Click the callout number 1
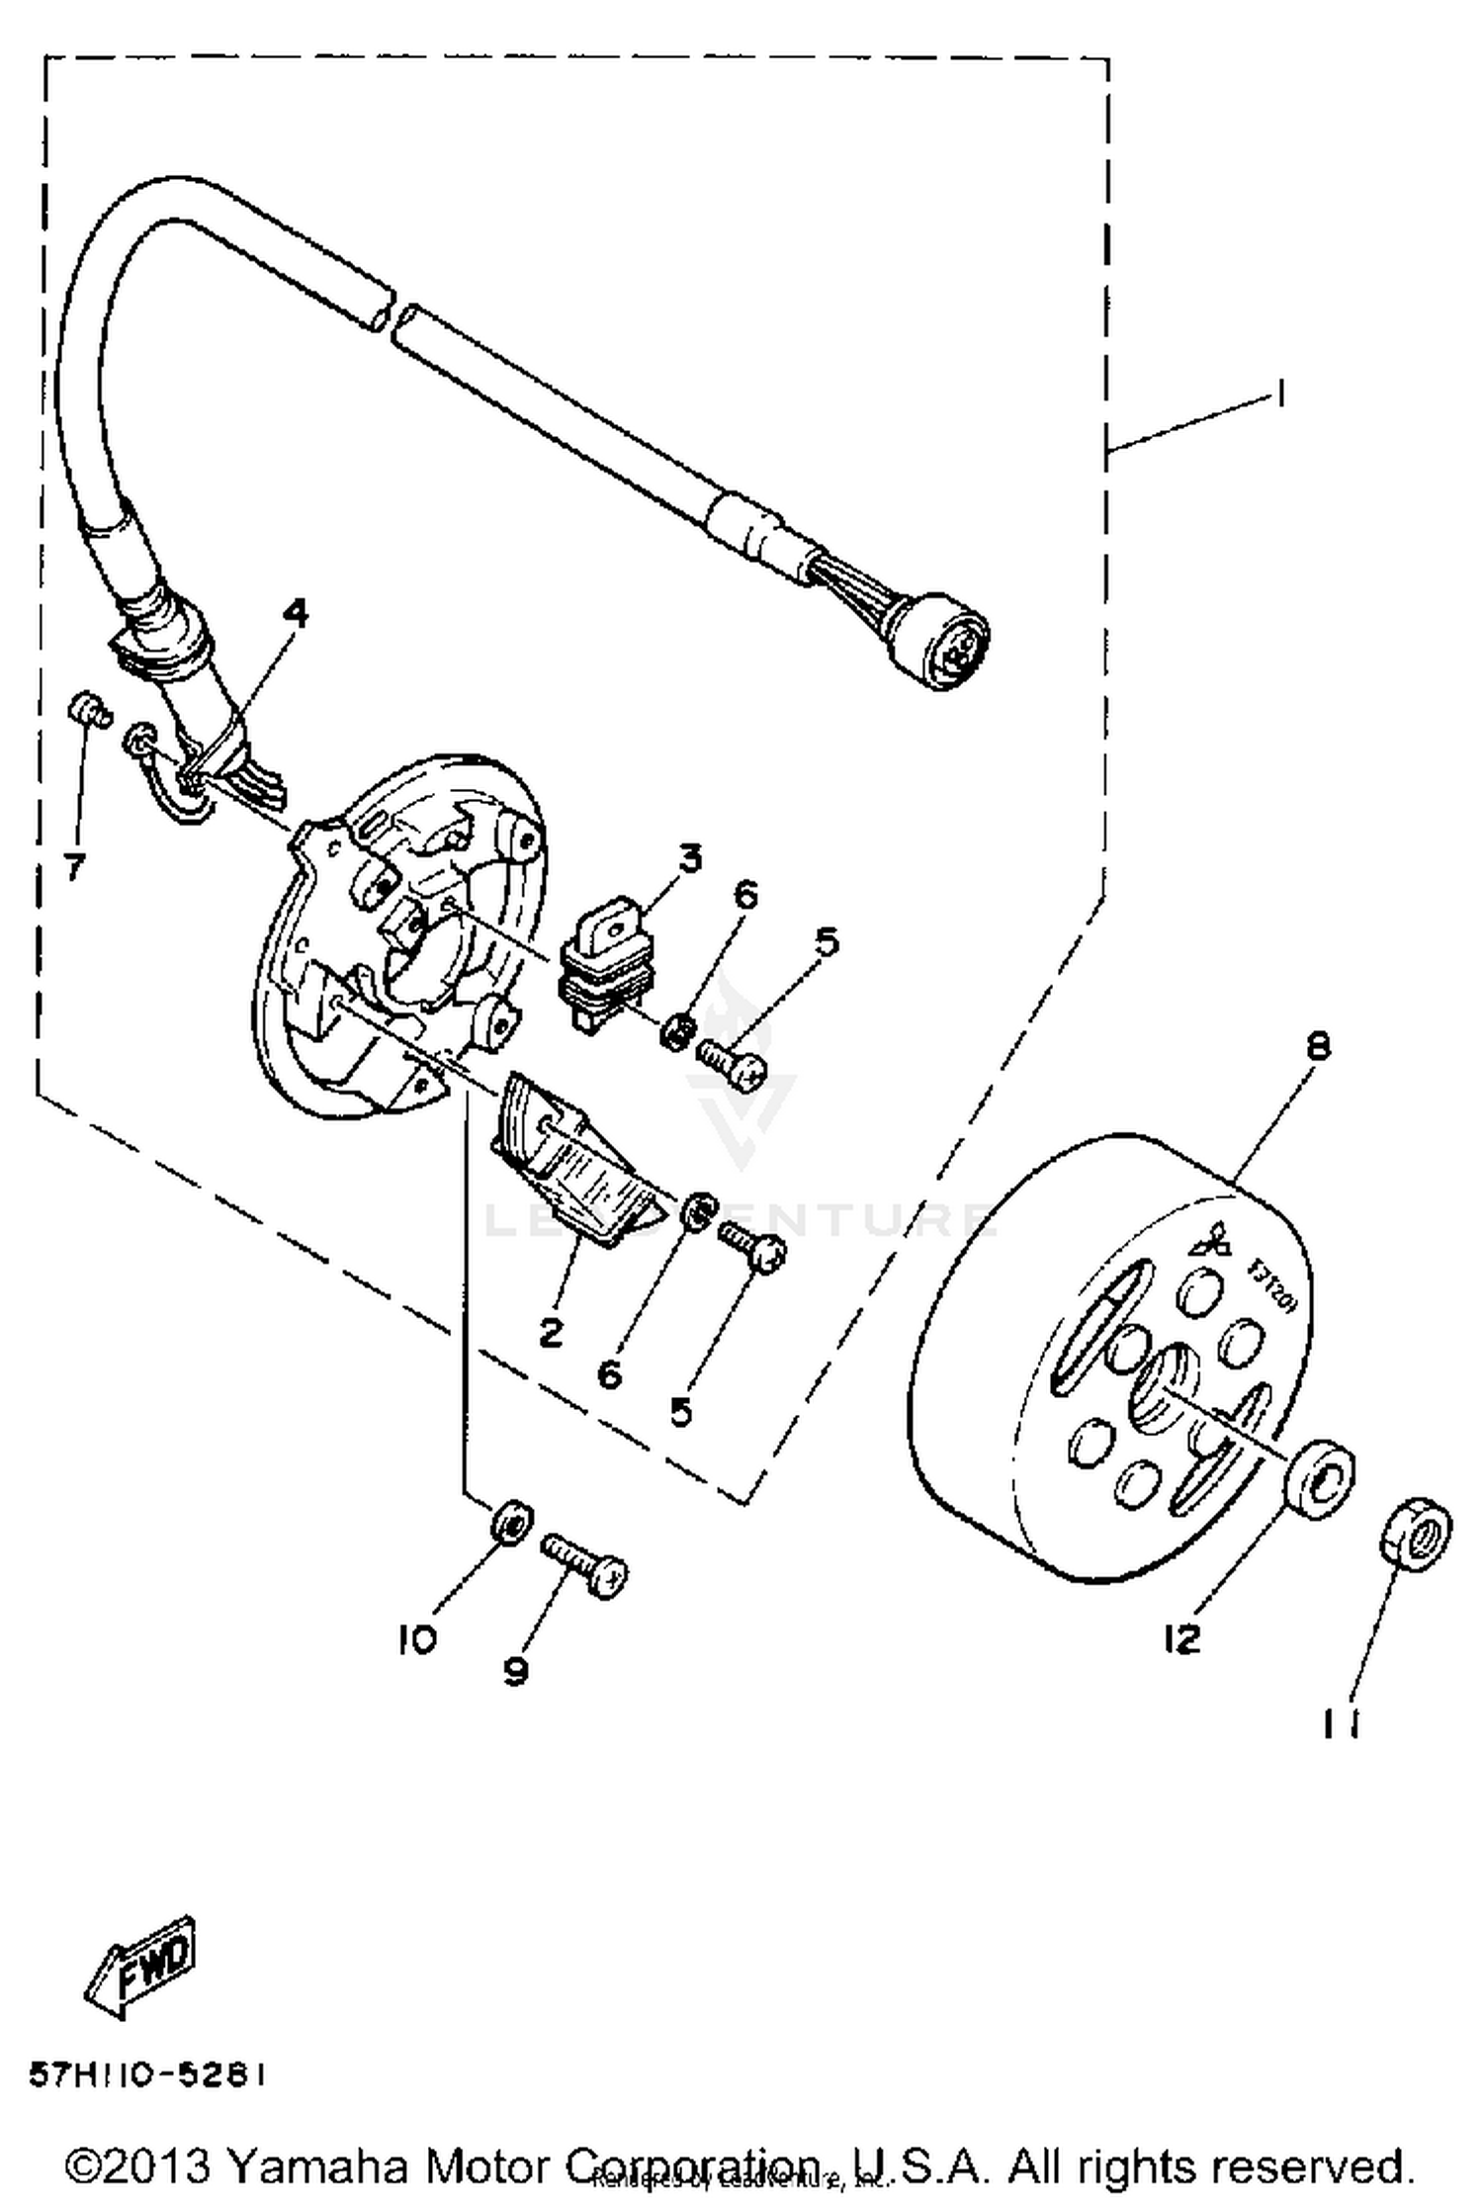coord(1280,396)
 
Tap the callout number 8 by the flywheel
coord(1319,1045)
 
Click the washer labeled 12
coord(1321,1479)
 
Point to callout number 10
coord(416,1640)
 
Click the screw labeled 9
coord(585,1561)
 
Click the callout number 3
coord(689,857)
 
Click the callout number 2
coord(551,1332)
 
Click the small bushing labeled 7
coord(89,710)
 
